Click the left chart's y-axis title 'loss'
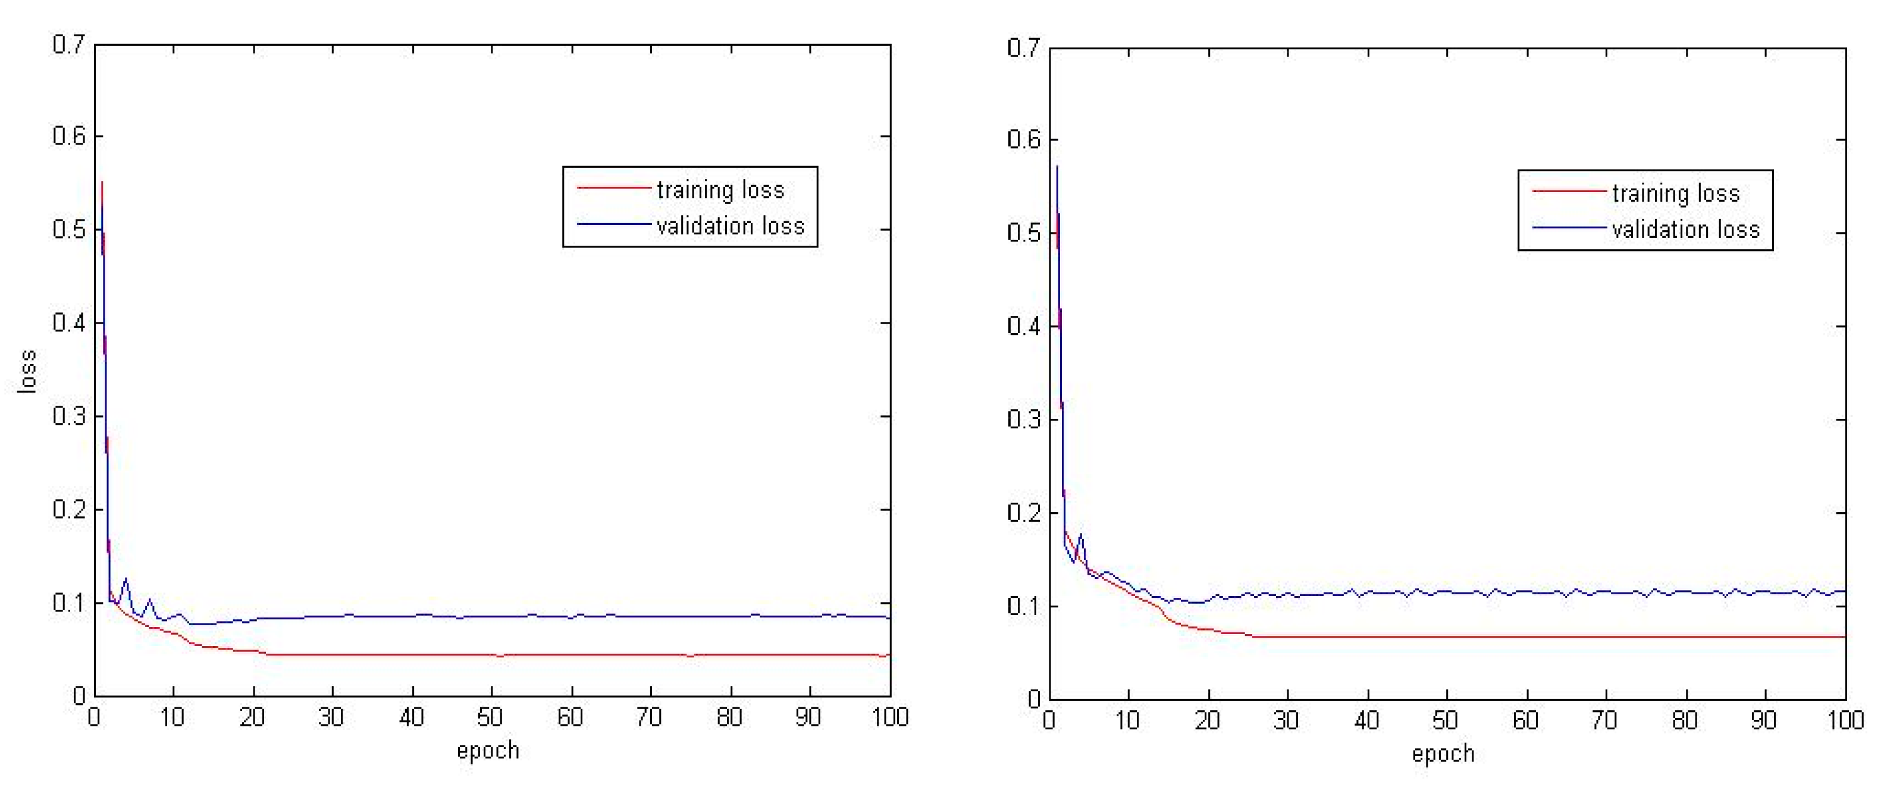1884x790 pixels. click(27, 372)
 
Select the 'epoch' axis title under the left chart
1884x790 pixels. click(488, 751)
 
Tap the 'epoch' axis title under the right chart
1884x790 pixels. click(1443, 754)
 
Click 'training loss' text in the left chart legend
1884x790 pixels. click(720, 190)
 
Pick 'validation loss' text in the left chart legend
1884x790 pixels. click(731, 226)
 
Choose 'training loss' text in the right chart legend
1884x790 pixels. click(1676, 194)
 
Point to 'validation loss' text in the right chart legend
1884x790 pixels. click(1686, 230)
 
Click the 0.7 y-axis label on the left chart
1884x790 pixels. click(69, 45)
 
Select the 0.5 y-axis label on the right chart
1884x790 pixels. click(1024, 233)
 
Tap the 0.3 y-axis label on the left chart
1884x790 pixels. click(69, 416)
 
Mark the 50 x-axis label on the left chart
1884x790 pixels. click(491, 717)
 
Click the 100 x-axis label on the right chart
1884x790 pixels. click(1845, 720)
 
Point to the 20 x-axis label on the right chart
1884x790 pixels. click(1208, 720)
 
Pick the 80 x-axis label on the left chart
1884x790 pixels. click(729, 717)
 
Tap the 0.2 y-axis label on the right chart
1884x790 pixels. click(1024, 513)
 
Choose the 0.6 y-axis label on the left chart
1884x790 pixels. click(69, 136)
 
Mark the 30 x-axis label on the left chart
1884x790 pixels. click(332, 717)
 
